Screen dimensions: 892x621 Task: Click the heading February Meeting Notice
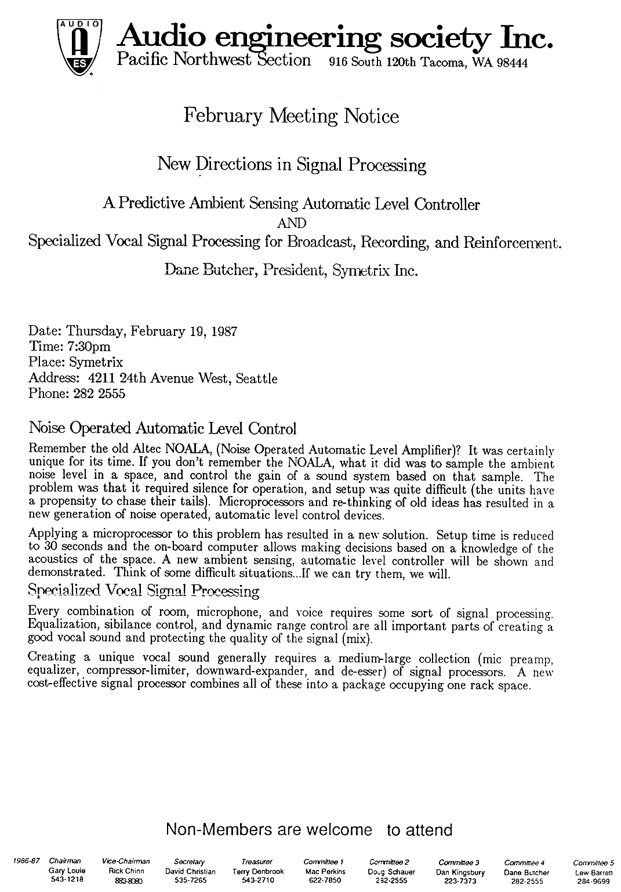[x=291, y=117]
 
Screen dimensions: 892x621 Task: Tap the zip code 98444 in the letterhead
[x=510, y=63]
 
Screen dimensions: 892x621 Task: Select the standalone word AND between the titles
[x=291, y=223]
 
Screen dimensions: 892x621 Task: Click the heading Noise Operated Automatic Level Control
[x=162, y=429]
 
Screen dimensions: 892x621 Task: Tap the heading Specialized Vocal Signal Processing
[x=144, y=591]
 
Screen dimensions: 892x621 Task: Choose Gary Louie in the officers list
[x=67, y=871]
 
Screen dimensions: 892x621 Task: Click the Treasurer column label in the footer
[x=257, y=862]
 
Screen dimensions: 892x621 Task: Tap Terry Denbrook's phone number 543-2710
[x=257, y=880]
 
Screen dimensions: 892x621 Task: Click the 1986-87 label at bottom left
[x=25, y=862]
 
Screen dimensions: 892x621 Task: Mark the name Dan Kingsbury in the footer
[x=460, y=872]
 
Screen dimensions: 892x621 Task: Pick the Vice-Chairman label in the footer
[x=125, y=862]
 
